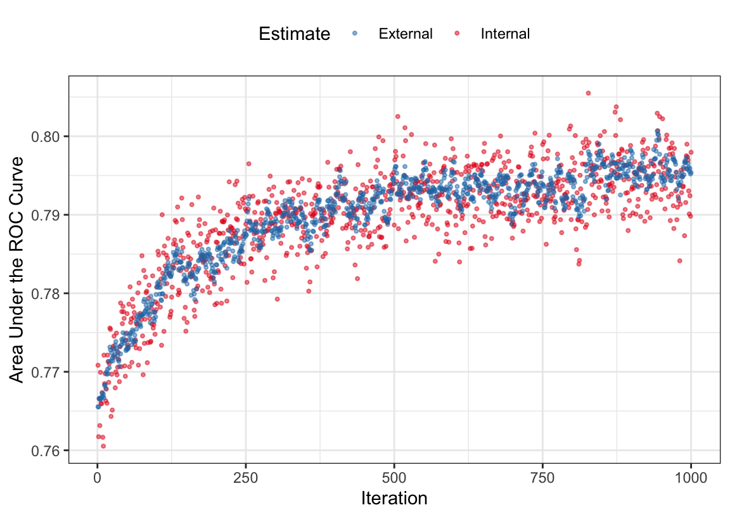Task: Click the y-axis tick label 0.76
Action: [x=48, y=450]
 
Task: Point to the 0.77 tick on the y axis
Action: [x=48, y=372]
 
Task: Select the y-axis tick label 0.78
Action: [x=48, y=293]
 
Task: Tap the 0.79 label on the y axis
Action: [x=48, y=215]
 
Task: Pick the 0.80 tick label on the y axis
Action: [x=48, y=136]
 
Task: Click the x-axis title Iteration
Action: [x=394, y=499]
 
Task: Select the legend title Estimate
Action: [x=294, y=34]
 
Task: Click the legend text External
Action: [x=406, y=34]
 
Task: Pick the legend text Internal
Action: [x=505, y=34]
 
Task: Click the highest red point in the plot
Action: [x=588, y=93]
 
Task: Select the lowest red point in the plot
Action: [x=103, y=446]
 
